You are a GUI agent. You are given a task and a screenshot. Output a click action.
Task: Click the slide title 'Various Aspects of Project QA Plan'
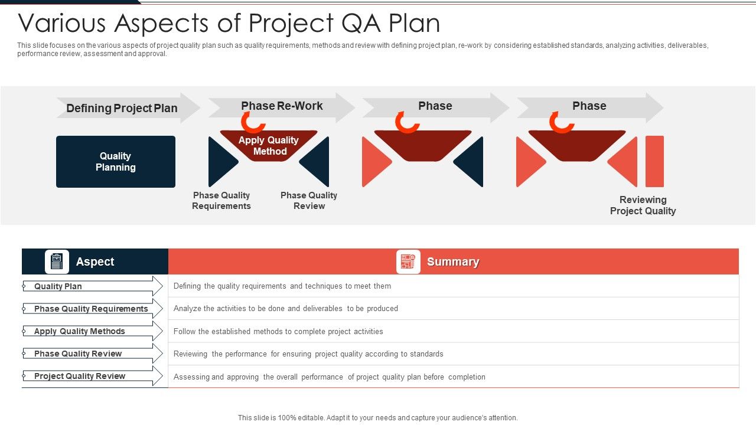(x=229, y=24)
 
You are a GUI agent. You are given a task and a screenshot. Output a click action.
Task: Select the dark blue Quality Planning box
(x=116, y=162)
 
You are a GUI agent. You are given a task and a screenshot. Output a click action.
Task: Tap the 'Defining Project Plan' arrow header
(x=122, y=108)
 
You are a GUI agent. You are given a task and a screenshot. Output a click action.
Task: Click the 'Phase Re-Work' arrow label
(x=282, y=106)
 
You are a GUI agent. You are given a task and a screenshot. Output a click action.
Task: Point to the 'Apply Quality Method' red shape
(x=269, y=145)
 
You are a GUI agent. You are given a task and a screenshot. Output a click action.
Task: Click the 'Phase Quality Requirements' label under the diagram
(x=221, y=201)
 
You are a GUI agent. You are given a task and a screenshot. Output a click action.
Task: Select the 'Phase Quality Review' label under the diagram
(x=309, y=201)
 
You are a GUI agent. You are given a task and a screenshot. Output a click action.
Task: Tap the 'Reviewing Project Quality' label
(x=643, y=205)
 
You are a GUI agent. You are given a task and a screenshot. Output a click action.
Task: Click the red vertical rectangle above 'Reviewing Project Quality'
(x=654, y=161)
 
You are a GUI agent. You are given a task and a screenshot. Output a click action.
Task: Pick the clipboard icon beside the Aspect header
(x=57, y=261)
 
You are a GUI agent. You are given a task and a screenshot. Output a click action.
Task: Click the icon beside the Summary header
(x=408, y=261)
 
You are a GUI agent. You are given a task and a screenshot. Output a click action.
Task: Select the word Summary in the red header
(x=453, y=262)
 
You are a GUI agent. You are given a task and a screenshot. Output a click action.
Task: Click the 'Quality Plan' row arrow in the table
(x=92, y=286)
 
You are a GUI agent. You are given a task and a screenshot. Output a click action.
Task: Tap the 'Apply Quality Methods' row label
(x=80, y=331)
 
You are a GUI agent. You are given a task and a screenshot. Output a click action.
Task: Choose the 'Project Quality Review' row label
(x=80, y=376)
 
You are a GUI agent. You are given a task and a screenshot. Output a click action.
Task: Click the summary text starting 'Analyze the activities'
(x=286, y=309)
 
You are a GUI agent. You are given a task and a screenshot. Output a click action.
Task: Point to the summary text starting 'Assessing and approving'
(x=329, y=377)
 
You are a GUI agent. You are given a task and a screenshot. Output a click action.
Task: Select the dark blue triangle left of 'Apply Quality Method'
(x=221, y=162)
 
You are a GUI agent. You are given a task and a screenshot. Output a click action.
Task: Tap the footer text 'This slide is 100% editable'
(x=377, y=418)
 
